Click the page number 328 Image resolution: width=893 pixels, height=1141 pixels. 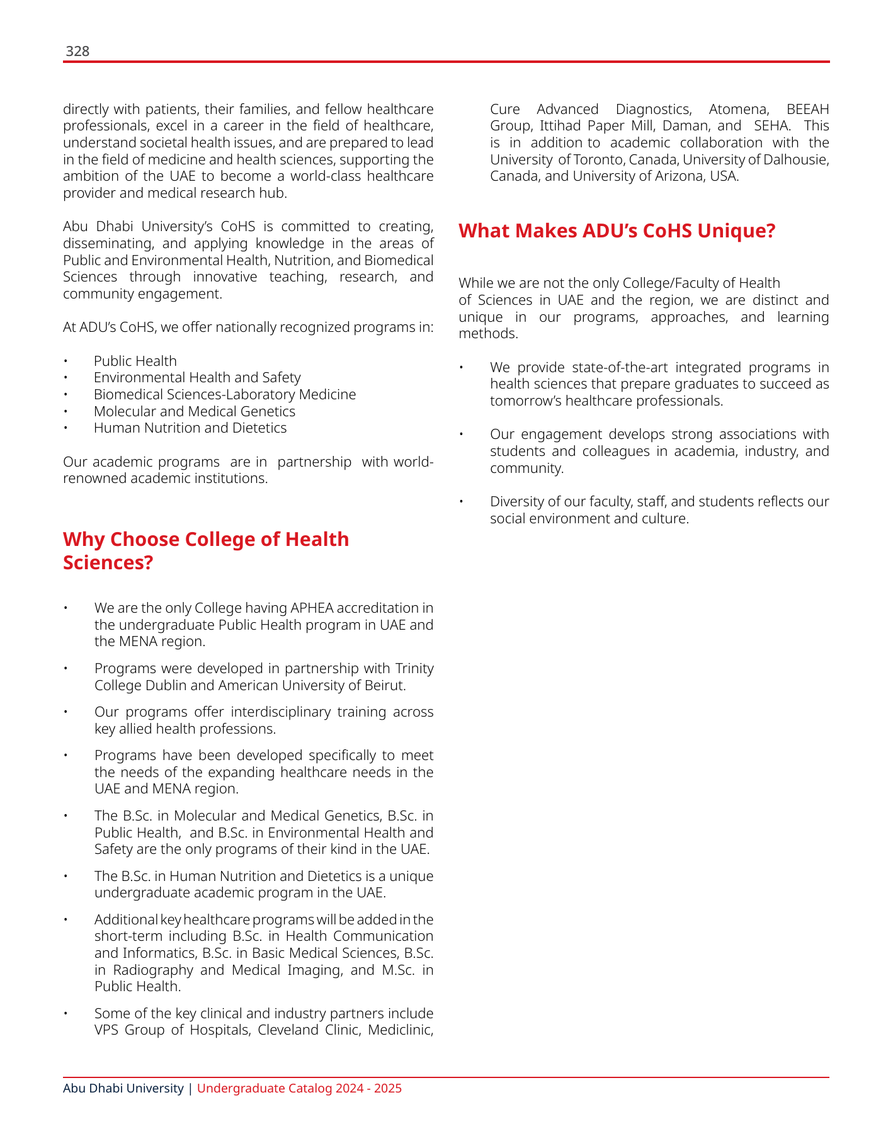(x=77, y=52)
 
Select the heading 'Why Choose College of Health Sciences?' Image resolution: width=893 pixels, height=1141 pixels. (x=206, y=550)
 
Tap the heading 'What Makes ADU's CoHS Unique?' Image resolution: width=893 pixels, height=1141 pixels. (x=617, y=231)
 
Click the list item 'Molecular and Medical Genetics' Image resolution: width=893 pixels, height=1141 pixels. (x=194, y=411)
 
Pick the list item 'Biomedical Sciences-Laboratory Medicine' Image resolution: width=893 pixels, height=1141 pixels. (x=225, y=395)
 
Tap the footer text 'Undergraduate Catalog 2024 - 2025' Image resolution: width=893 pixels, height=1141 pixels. (x=299, y=1088)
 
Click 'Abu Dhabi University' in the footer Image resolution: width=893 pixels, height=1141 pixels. (x=123, y=1088)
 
